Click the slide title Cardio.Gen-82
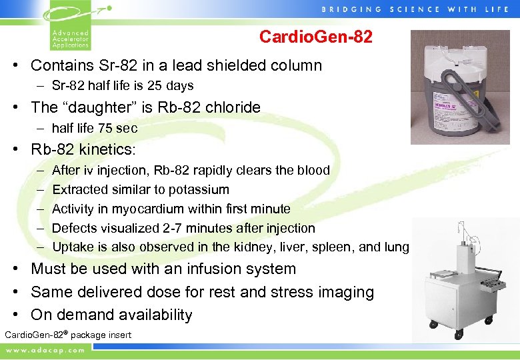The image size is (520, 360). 315,37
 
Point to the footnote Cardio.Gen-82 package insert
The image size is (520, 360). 68,335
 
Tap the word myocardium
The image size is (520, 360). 145,209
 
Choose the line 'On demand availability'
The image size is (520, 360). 111,315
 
